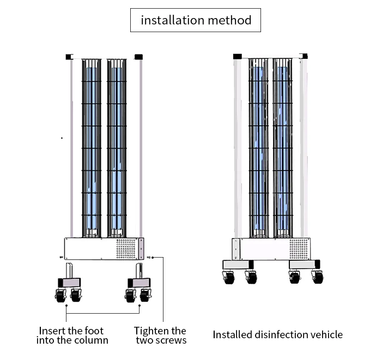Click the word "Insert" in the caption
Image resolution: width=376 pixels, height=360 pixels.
point(53,331)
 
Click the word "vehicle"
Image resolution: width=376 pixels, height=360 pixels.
point(326,334)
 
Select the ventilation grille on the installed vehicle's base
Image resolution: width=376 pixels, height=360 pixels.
point(298,248)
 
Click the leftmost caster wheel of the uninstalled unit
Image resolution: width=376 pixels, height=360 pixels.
point(59,296)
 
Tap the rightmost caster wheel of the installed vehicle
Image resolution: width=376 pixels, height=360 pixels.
point(318,277)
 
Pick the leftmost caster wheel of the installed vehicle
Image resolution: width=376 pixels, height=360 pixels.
point(228,277)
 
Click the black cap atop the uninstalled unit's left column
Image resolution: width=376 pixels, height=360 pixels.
point(69,56)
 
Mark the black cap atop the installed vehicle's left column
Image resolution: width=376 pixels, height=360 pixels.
point(237,56)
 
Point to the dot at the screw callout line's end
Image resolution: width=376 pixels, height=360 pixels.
point(156,257)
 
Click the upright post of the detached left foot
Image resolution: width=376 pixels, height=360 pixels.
point(69,270)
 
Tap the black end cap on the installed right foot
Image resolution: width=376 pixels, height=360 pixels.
point(317,264)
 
